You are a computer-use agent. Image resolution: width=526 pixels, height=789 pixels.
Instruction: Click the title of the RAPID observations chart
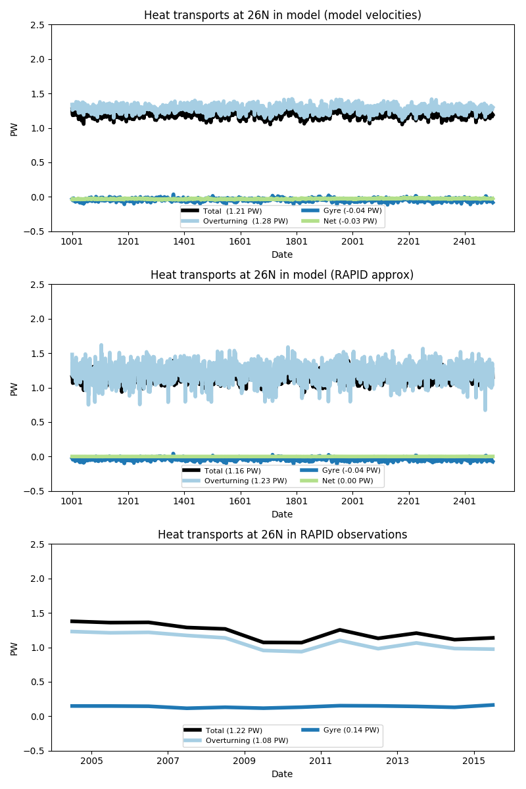click(282, 535)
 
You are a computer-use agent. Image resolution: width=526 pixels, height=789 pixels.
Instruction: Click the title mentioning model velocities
click(282, 15)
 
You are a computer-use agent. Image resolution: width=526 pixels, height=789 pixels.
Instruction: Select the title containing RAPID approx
click(282, 275)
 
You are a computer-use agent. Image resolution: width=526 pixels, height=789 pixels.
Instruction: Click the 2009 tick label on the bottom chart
click(244, 761)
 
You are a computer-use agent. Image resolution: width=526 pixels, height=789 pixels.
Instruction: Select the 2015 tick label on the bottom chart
click(474, 761)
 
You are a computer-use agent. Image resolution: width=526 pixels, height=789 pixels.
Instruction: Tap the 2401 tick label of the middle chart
click(465, 501)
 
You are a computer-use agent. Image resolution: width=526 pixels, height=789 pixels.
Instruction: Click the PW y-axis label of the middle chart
click(14, 388)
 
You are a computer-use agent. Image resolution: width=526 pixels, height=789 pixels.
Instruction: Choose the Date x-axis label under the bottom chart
click(282, 775)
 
